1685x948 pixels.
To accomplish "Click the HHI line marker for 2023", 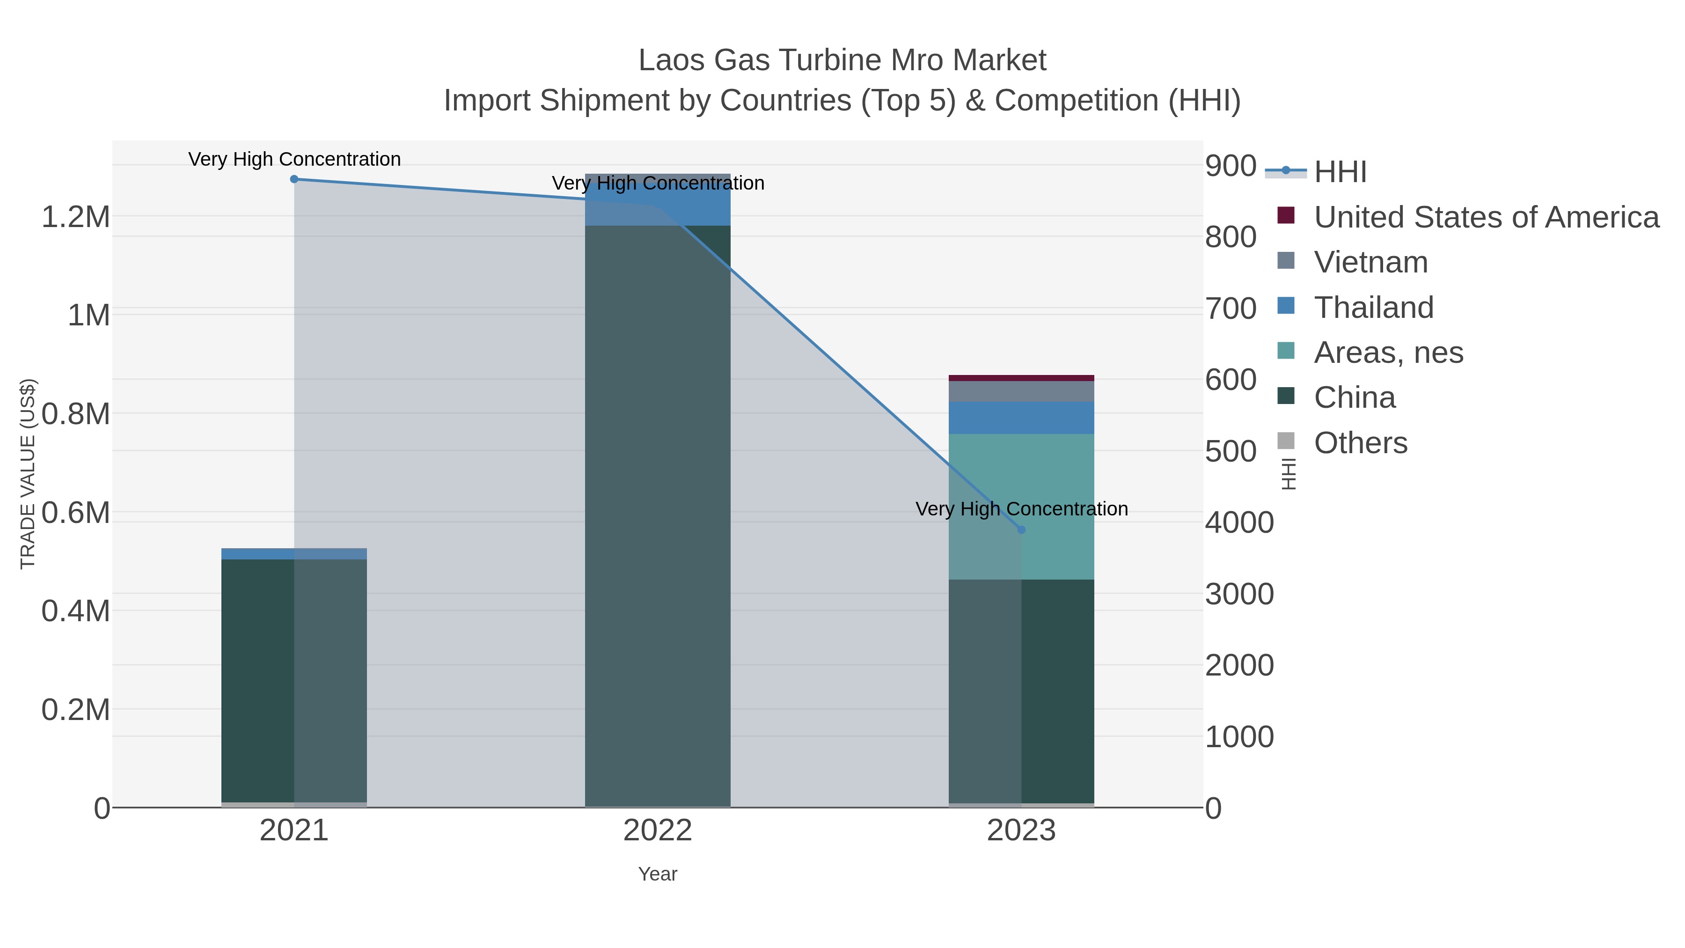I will tap(1021, 529).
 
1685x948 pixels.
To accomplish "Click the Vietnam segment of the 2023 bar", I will tap(1021, 391).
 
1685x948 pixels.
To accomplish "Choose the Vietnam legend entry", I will tap(1370, 262).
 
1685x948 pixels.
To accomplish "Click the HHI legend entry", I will tap(1340, 171).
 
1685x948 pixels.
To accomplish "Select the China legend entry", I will tap(1354, 398).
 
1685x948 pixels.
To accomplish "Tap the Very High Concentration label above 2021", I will tap(294, 159).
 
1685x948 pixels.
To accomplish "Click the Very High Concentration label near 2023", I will tap(1021, 508).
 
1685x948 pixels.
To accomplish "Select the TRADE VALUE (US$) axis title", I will tap(28, 474).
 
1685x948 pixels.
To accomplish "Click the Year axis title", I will tap(658, 874).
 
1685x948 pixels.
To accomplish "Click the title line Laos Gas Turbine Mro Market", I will tap(842, 60).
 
